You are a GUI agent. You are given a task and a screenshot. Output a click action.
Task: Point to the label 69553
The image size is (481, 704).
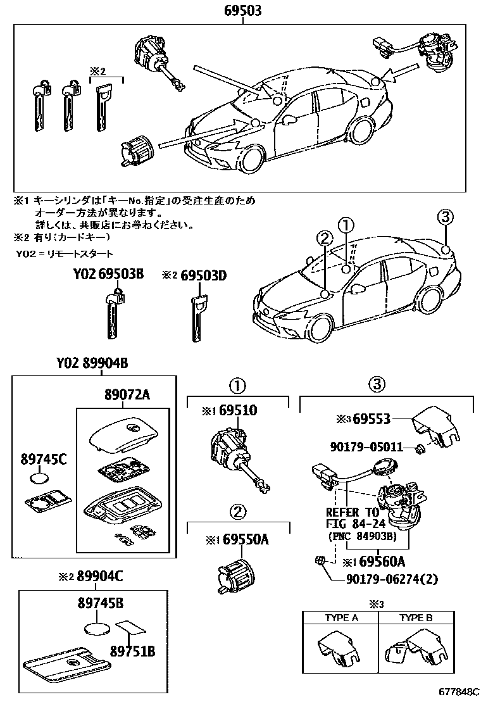pos(372,418)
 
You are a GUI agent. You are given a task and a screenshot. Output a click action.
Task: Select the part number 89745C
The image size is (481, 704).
pos(43,459)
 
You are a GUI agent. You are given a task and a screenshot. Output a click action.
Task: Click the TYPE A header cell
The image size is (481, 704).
pos(341,617)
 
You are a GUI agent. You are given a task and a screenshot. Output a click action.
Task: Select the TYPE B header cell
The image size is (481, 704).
pos(415,617)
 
